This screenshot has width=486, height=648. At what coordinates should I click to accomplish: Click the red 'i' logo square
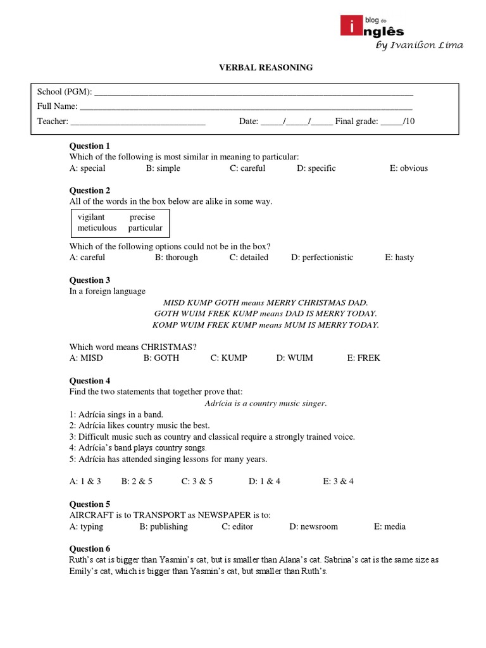tap(347, 27)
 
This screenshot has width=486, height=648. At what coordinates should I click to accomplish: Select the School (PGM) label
tap(64, 92)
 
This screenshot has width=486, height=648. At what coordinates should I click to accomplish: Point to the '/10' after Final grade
tap(409, 121)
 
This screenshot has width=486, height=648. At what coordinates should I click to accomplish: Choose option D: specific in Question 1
tap(316, 168)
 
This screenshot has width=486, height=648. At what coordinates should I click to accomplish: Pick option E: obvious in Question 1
tap(408, 168)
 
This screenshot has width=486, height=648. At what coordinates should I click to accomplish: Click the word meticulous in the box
tap(97, 228)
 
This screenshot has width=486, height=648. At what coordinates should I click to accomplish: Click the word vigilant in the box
tap(91, 217)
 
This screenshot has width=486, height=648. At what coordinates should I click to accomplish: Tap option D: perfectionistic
tap(322, 258)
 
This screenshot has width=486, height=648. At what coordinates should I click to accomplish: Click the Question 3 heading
tap(90, 280)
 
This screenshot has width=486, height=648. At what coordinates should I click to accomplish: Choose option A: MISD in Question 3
tap(86, 358)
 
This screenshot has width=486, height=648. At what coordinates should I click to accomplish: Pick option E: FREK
tap(363, 358)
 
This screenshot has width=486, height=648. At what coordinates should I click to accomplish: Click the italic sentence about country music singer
tap(266, 404)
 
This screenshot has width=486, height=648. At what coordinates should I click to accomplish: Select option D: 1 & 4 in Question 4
tap(265, 481)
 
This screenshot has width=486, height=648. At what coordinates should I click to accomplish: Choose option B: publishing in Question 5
tap(164, 526)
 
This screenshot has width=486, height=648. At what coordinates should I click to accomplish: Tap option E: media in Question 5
tap(389, 526)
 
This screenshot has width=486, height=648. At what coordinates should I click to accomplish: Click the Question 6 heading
tap(90, 549)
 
